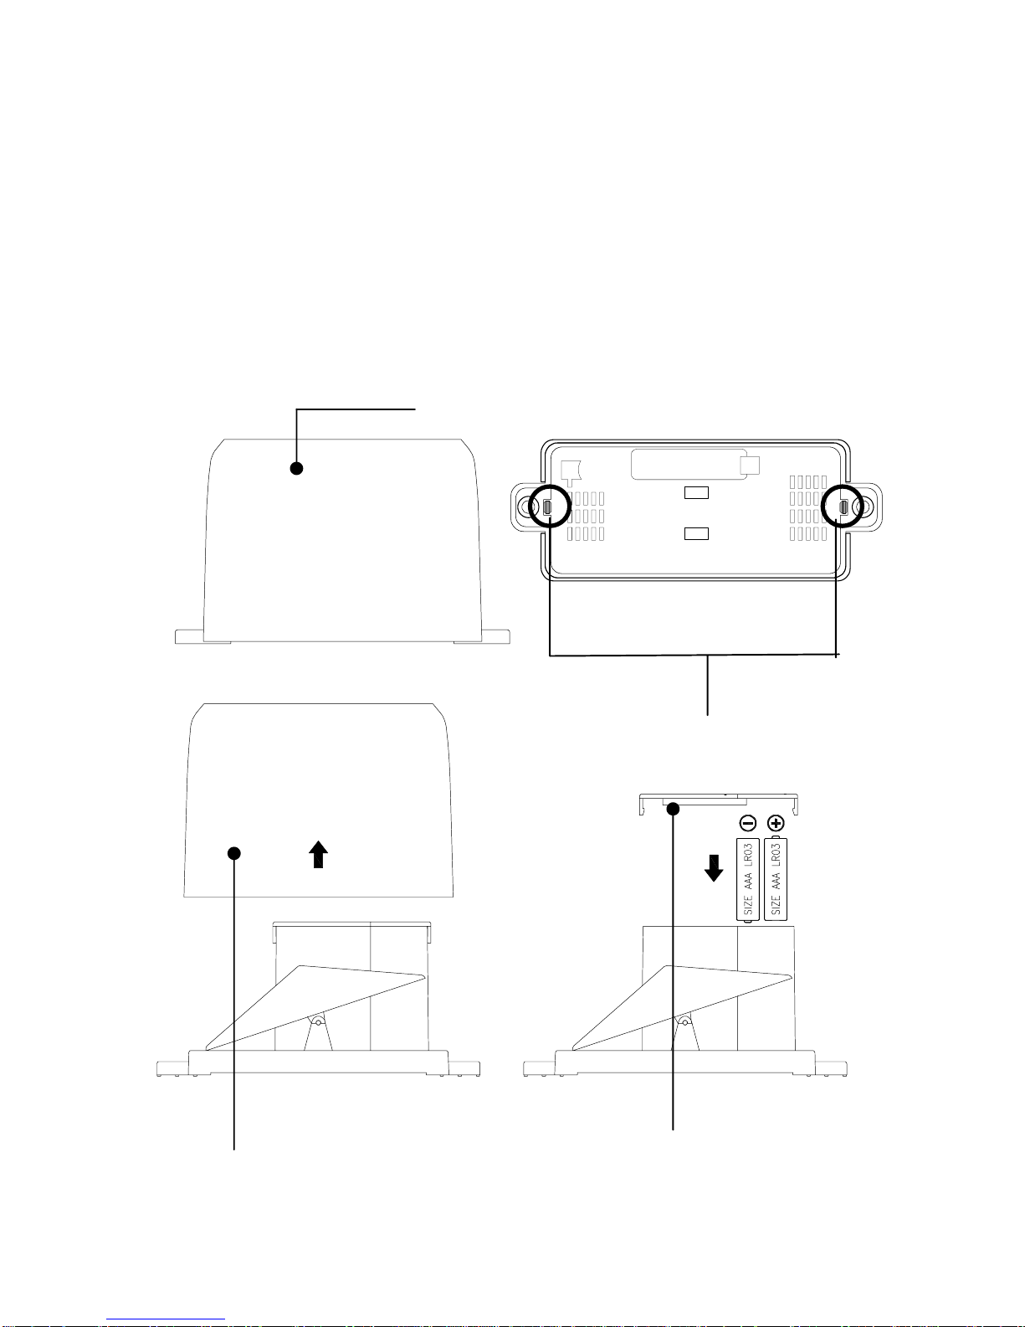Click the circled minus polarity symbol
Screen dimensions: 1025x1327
coord(748,823)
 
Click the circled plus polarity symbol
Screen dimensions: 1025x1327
coord(776,823)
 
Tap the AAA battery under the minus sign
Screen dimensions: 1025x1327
coord(748,880)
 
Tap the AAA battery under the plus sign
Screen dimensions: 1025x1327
coord(776,879)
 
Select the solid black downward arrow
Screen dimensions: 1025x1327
coord(714,867)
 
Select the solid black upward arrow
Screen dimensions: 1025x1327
coord(319,854)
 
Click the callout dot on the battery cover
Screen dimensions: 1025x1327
coord(673,809)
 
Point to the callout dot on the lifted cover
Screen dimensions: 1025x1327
coord(234,853)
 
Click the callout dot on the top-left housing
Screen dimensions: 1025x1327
coord(296,468)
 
